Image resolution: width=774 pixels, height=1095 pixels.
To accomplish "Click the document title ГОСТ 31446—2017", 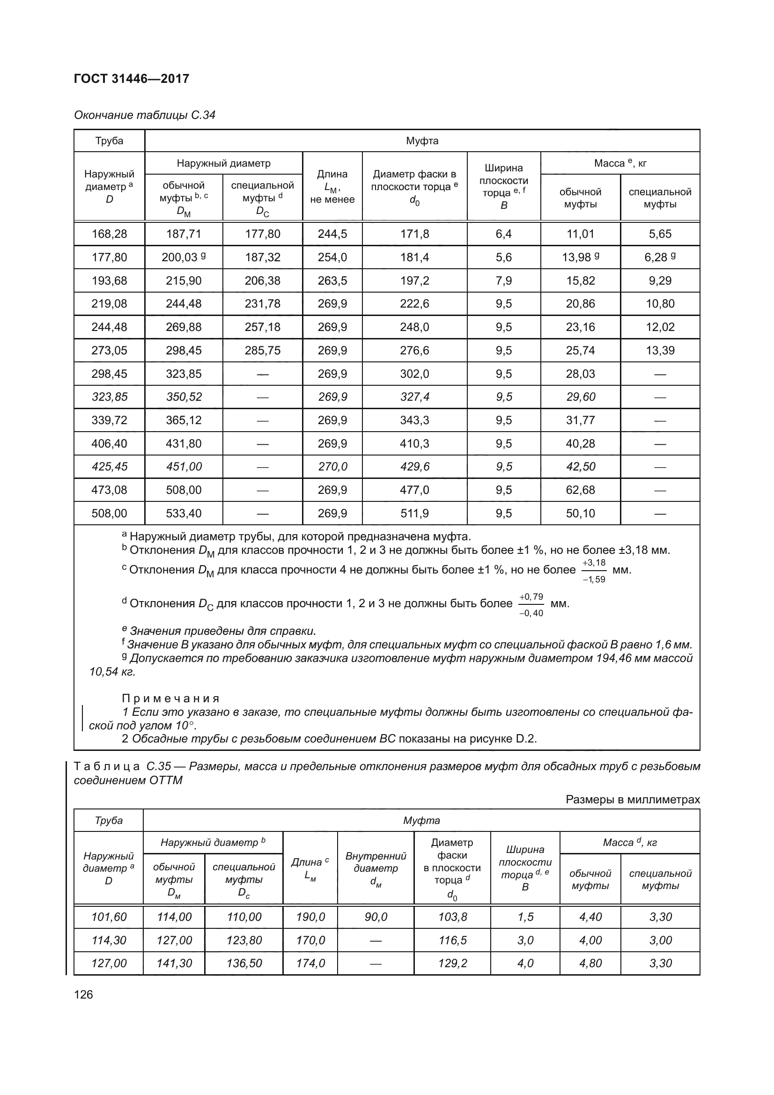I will tap(132, 79).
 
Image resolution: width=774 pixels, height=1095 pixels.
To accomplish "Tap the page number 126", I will tap(83, 994).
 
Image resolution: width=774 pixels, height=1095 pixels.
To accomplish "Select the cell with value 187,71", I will tap(184, 234).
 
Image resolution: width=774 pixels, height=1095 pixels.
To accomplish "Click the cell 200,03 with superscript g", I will tap(184, 257).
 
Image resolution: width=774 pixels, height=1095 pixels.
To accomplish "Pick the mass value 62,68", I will tap(580, 490).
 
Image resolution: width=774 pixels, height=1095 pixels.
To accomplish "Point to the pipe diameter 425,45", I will tap(109, 466).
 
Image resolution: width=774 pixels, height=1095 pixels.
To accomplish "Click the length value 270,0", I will tap(332, 466).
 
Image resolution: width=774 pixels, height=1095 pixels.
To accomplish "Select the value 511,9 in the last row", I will tap(414, 513).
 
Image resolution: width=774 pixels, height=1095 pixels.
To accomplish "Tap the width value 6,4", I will tap(504, 234).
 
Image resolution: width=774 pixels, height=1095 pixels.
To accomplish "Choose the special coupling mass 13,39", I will tap(660, 351).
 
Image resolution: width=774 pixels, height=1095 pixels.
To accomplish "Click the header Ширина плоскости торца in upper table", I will tap(504, 186).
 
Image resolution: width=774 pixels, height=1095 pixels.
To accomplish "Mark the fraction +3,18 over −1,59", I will tap(594, 571).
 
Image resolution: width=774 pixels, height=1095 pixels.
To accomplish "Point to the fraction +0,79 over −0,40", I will tap(531, 605).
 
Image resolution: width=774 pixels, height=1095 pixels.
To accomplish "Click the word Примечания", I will tap(171, 698).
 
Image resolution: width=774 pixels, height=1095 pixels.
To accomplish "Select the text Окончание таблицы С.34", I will tap(145, 115).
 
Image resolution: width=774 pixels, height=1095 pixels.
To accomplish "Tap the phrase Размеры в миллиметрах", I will tap(633, 800).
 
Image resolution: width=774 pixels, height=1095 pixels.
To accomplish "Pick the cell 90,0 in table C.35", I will tap(376, 917).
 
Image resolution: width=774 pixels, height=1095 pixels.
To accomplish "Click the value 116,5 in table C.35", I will tap(452, 940).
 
